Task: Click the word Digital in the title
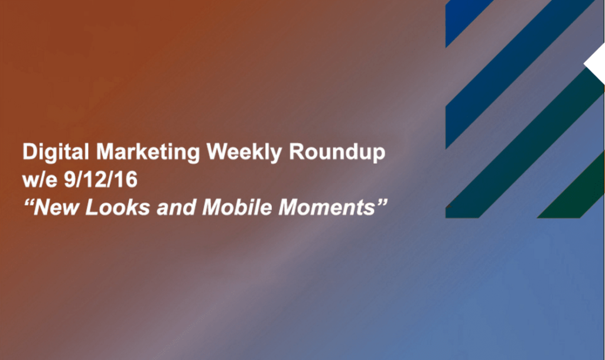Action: point(56,153)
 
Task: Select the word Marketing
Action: point(148,153)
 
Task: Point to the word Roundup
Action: point(337,153)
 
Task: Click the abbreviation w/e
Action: point(40,180)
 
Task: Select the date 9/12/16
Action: point(100,180)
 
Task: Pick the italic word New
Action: point(56,207)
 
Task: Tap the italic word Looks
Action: point(118,207)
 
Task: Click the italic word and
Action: point(176,207)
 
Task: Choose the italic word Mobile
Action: point(237,207)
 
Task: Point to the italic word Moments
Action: point(327,207)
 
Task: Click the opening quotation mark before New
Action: point(29,202)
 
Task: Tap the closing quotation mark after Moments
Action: point(382,202)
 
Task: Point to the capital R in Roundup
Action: point(297,151)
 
